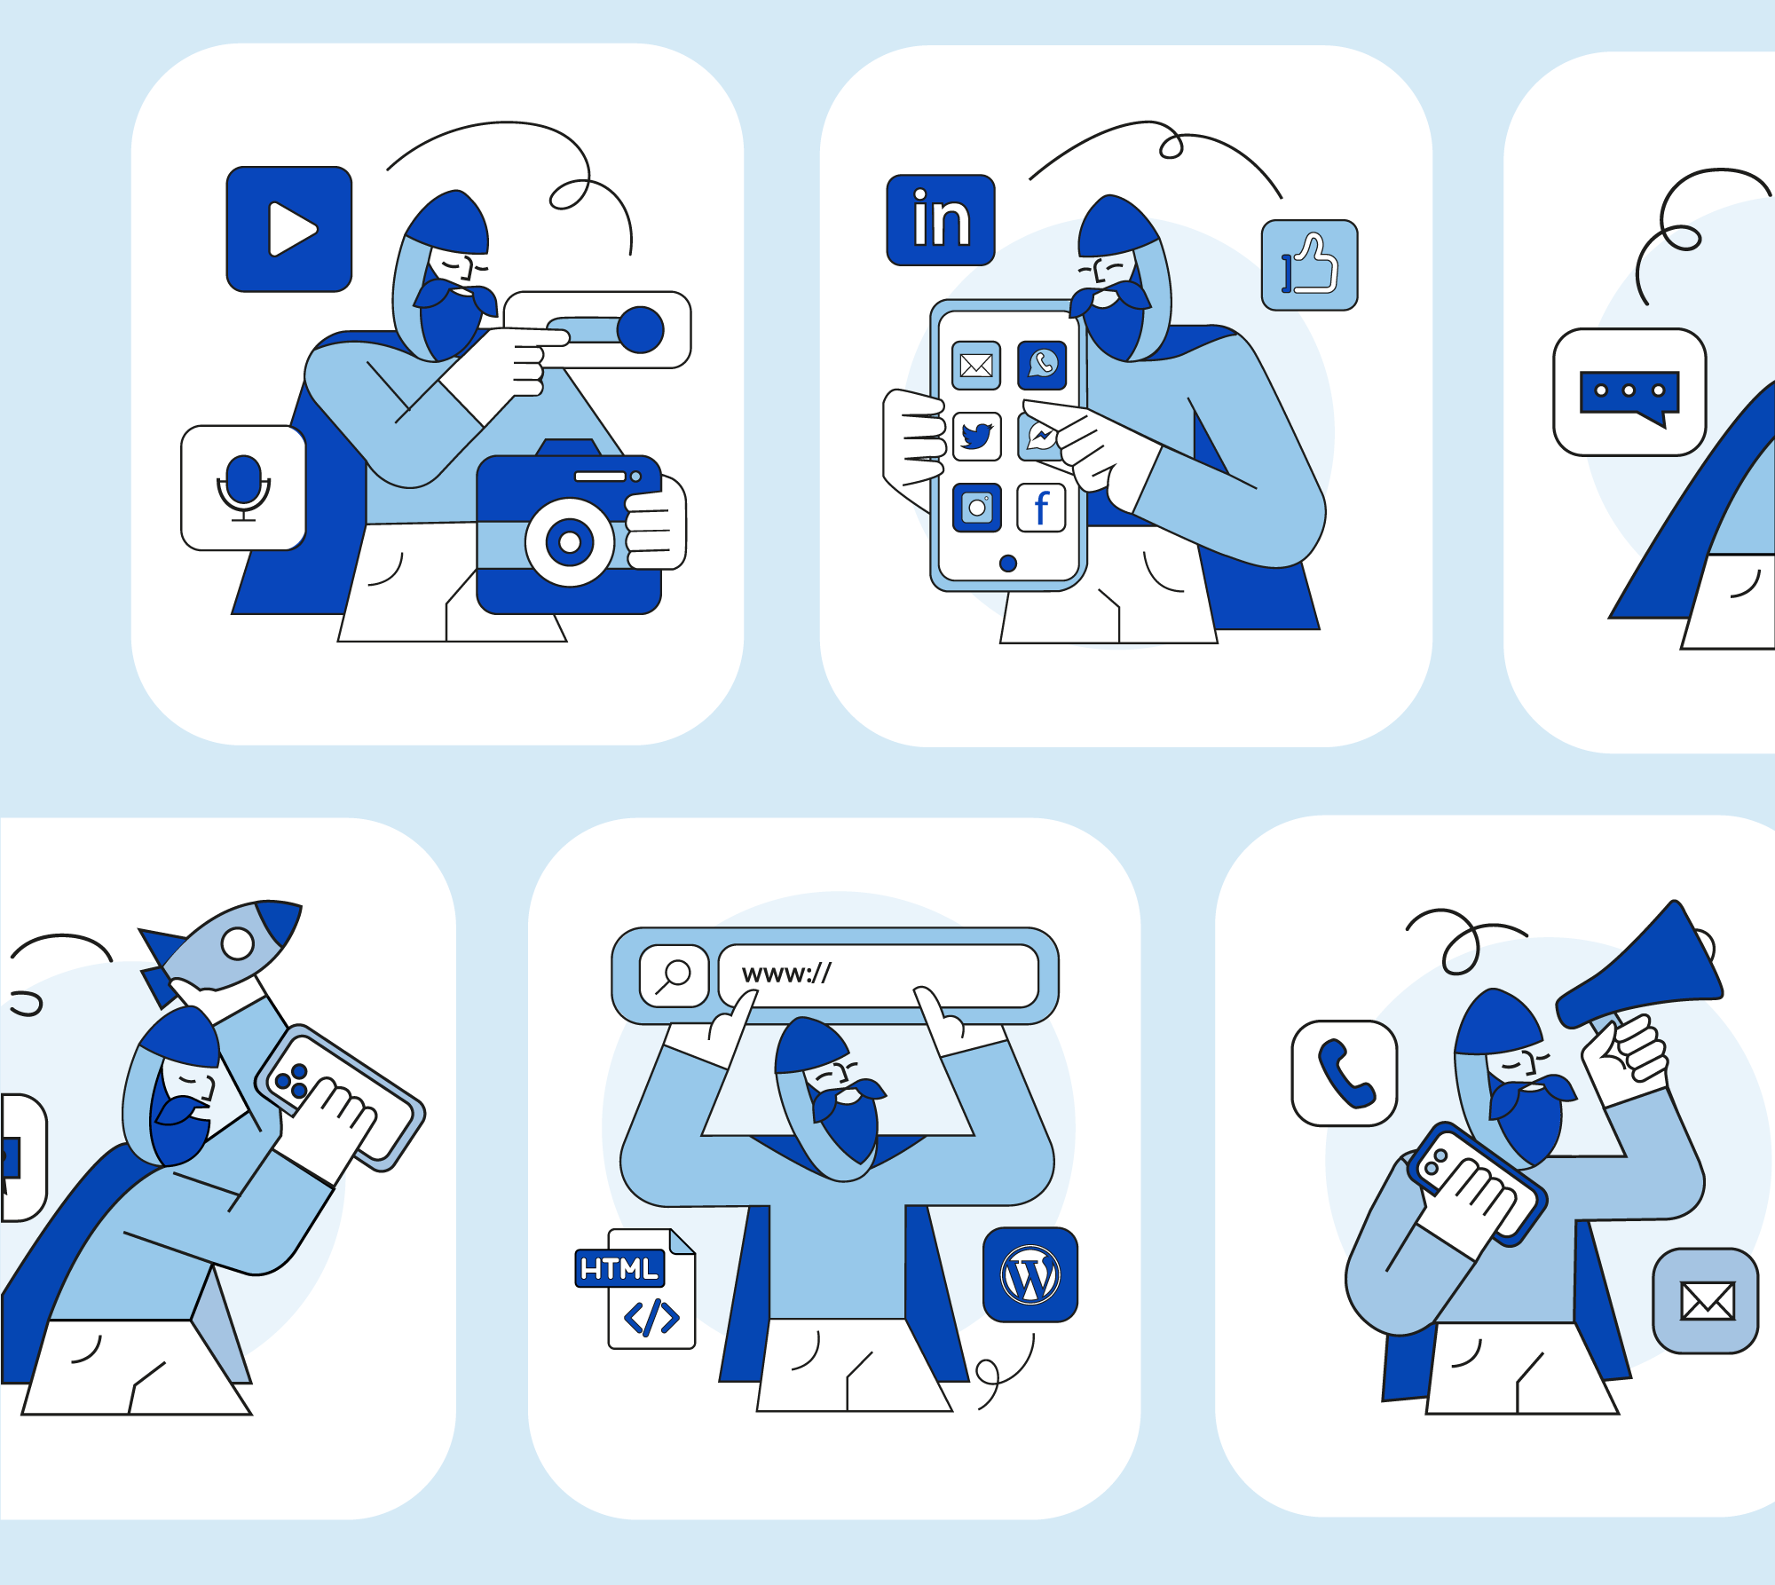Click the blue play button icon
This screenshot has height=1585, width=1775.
click(x=289, y=229)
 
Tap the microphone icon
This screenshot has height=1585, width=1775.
click(x=243, y=487)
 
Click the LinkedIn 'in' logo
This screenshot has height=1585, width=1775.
click(x=941, y=219)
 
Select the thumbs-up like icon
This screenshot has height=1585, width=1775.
click(x=1310, y=265)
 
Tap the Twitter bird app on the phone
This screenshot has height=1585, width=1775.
click(x=976, y=436)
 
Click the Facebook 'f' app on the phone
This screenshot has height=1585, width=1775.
click(x=1041, y=508)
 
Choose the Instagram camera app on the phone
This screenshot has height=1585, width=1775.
click(x=976, y=508)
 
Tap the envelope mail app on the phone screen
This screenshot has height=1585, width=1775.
click(x=976, y=365)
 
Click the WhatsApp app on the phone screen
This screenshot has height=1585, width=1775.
click(x=1042, y=365)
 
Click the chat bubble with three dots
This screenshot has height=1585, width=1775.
click(x=1629, y=392)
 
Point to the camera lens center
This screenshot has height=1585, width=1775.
click(x=570, y=541)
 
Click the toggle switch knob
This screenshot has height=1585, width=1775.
click(x=640, y=329)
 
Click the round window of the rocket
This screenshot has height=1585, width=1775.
click(x=237, y=943)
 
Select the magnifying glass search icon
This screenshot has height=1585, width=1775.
click(x=674, y=975)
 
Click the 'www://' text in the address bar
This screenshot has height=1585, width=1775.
click(x=786, y=974)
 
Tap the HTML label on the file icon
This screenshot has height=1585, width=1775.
click(x=619, y=1268)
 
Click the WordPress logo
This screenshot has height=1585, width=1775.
click(x=1030, y=1274)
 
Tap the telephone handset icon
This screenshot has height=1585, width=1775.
click(x=1345, y=1073)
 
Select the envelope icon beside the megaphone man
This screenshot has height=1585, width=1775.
click(x=1705, y=1301)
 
